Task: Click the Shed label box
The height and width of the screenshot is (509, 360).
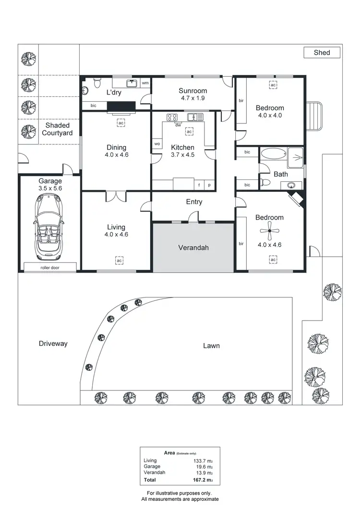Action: point(322,53)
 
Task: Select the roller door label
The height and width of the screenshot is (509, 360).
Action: point(50,268)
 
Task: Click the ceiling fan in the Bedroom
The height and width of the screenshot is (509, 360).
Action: point(269,232)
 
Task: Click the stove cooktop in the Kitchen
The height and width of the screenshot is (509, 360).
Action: point(172,117)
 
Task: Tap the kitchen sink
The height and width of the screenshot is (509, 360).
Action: point(195,117)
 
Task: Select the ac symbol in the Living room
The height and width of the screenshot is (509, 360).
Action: point(119,260)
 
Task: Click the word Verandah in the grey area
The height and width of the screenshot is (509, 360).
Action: point(192,248)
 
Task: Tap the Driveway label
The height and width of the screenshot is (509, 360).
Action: point(53,343)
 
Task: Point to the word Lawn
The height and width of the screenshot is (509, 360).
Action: point(211,345)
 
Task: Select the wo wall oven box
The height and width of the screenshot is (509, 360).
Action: point(157,144)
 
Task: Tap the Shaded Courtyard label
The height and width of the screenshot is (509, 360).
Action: point(58,129)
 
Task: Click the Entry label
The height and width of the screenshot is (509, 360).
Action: point(194,202)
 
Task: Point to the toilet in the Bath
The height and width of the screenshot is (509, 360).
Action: point(265,182)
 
